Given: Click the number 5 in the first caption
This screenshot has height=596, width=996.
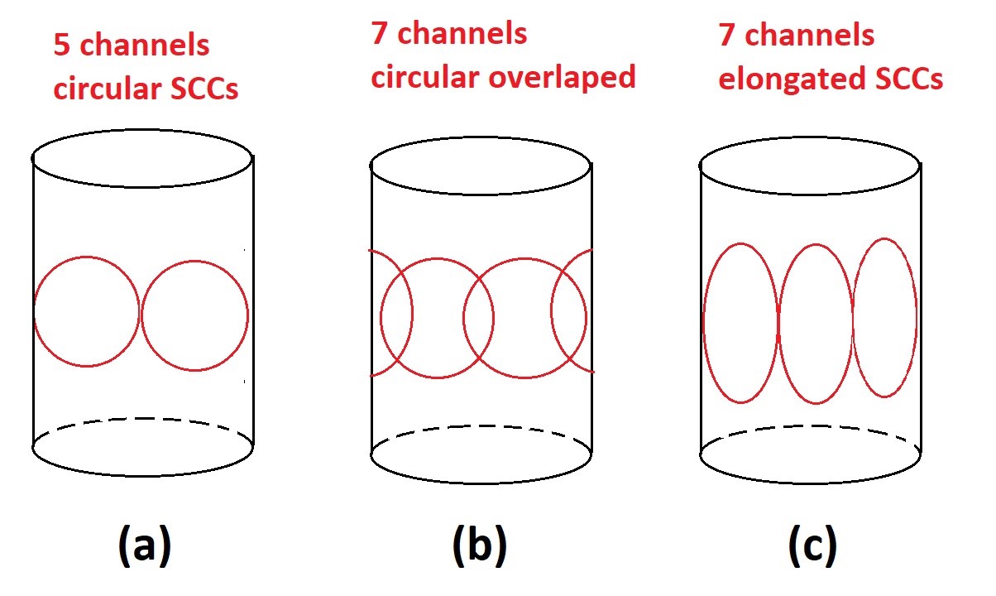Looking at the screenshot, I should [62, 46].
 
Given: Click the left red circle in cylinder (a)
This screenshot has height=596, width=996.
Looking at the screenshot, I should [87, 310].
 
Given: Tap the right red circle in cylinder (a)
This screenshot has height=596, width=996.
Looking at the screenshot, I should [194, 315].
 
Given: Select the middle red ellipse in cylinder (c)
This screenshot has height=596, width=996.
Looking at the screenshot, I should [816, 324].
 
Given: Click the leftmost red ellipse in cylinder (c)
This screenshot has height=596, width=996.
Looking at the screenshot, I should [740, 323].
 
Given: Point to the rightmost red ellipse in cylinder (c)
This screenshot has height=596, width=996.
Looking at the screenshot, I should [885, 318].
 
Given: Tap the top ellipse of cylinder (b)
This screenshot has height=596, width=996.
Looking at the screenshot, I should [480, 166].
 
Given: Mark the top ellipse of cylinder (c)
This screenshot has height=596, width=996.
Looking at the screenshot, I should [810, 166].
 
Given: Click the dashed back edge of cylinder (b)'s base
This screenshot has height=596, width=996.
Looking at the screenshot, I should [480, 428].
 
